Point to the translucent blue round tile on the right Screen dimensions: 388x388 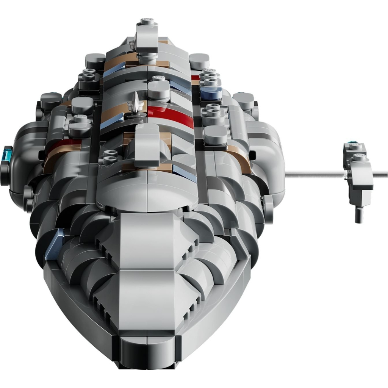[x=211, y=92]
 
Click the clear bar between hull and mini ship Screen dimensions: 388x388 [x=314, y=174]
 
